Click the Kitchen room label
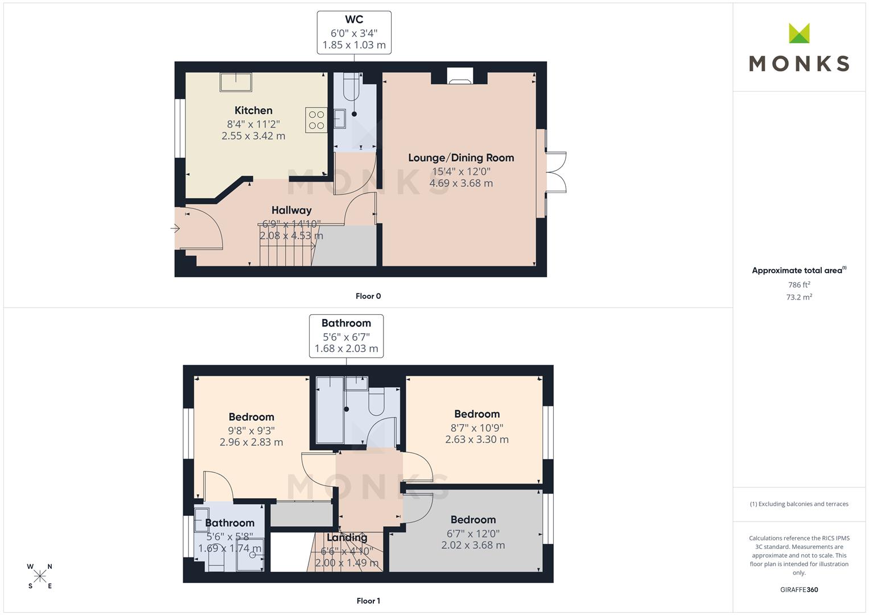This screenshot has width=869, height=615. pyautogui.click(x=253, y=110)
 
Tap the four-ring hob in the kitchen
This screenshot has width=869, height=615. pyautogui.click(x=316, y=120)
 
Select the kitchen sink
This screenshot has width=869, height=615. pyautogui.click(x=236, y=82)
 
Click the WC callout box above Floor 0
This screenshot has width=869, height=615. pyautogui.click(x=354, y=32)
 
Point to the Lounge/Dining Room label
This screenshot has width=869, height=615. pyautogui.click(x=461, y=158)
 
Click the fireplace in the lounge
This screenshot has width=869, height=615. pyautogui.click(x=460, y=76)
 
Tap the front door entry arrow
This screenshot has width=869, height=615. pyautogui.click(x=175, y=228)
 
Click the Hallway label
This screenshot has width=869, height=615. pyautogui.click(x=291, y=210)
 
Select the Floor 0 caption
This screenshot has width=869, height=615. pyautogui.click(x=368, y=296)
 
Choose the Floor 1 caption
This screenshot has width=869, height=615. pyautogui.click(x=368, y=601)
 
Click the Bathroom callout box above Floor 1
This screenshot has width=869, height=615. pyautogui.click(x=346, y=336)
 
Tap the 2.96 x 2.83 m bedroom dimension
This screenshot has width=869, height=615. pyautogui.click(x=252, y=442)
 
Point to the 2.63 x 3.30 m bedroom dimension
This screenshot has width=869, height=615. pyautogui.click(x=477, y=439)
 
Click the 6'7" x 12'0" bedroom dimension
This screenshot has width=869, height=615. pyautogui.click(x=473, y=534)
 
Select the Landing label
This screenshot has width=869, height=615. pyautogui.click(x=347, y=538)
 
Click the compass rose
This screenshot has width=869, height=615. pyautogui.click(x=40, y=576)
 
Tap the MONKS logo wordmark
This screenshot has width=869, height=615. pyautogui.click(x=799, y=64)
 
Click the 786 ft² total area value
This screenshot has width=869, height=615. pyautogui.click(x=799, y=285)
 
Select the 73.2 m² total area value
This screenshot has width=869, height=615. pyautogui.click(x=799, y=297)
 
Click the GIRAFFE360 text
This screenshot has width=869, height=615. pyautogui.click(x=799, y=589)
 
